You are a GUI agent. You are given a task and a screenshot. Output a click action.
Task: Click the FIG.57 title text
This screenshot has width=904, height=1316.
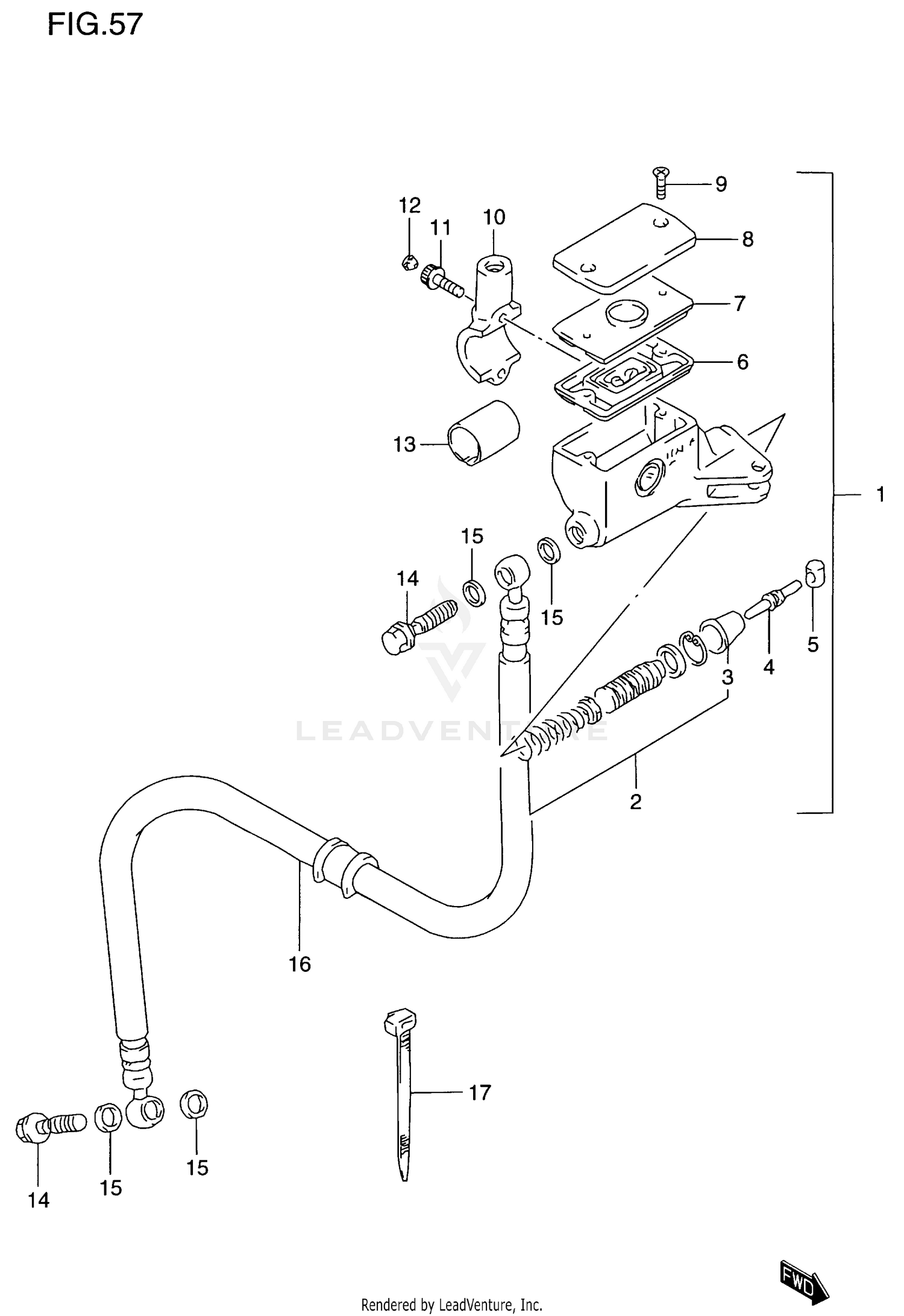pyautogui.click(x=95, y=25)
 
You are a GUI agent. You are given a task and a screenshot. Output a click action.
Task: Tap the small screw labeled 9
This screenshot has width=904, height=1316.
pyautogui.click(x=661, y=183)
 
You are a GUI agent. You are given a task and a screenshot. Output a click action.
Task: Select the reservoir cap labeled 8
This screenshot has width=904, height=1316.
pyautogui.click(x=624, y=247)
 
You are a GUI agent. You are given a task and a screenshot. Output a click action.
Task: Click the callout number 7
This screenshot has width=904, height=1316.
pyautogui.click(x=739, y=303)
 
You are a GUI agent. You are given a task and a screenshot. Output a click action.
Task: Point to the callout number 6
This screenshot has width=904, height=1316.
pyautogui.click(x=742, y=362)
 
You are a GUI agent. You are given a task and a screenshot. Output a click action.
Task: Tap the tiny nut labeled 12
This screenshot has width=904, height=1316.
pyautogui.click(x=409, y=262)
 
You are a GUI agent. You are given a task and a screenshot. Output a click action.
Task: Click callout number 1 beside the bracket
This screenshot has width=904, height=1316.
pyautogui.click(x=880, y=495)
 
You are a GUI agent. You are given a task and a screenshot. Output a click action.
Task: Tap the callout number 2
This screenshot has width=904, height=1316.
pyautogui.click(x=635, y=802)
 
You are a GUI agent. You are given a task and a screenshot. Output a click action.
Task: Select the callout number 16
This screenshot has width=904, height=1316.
pyautogui.click(x=300, y=965)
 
